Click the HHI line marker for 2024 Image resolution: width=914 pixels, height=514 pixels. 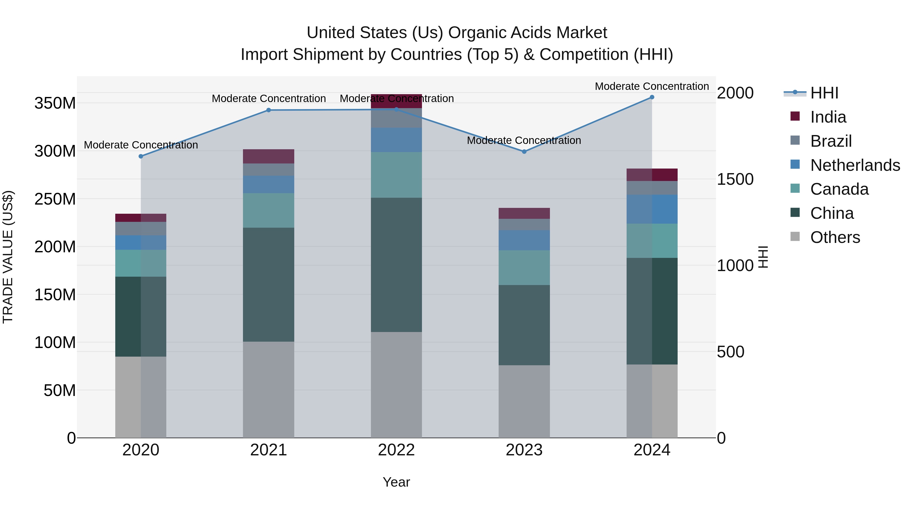(652, 97)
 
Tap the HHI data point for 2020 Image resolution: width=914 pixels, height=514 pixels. (141, 156)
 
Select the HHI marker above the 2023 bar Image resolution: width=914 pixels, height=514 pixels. (524, 152)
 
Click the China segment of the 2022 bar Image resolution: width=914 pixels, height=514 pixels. (396, 265)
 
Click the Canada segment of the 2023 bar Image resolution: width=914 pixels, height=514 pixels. (524, 268)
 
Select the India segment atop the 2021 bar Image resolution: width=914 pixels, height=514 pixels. (269, 156)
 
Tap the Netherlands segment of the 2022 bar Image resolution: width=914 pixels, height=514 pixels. (396, 140)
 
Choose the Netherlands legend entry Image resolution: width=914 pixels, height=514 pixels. (855, 165)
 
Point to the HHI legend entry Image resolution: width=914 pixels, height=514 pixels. (824, 93)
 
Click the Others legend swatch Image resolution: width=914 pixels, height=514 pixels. (795, 237)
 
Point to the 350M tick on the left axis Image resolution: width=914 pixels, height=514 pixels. (55, 103)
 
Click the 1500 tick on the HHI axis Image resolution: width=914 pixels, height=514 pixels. (735, 179)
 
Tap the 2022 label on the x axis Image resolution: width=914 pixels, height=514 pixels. (396, 450)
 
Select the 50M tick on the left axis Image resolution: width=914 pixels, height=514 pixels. (60, 390)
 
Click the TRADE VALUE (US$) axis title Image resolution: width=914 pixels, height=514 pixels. (8, 257)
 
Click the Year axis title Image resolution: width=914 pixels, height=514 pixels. (396, 482)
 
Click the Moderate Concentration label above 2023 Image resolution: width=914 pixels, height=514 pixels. (524, 140)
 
